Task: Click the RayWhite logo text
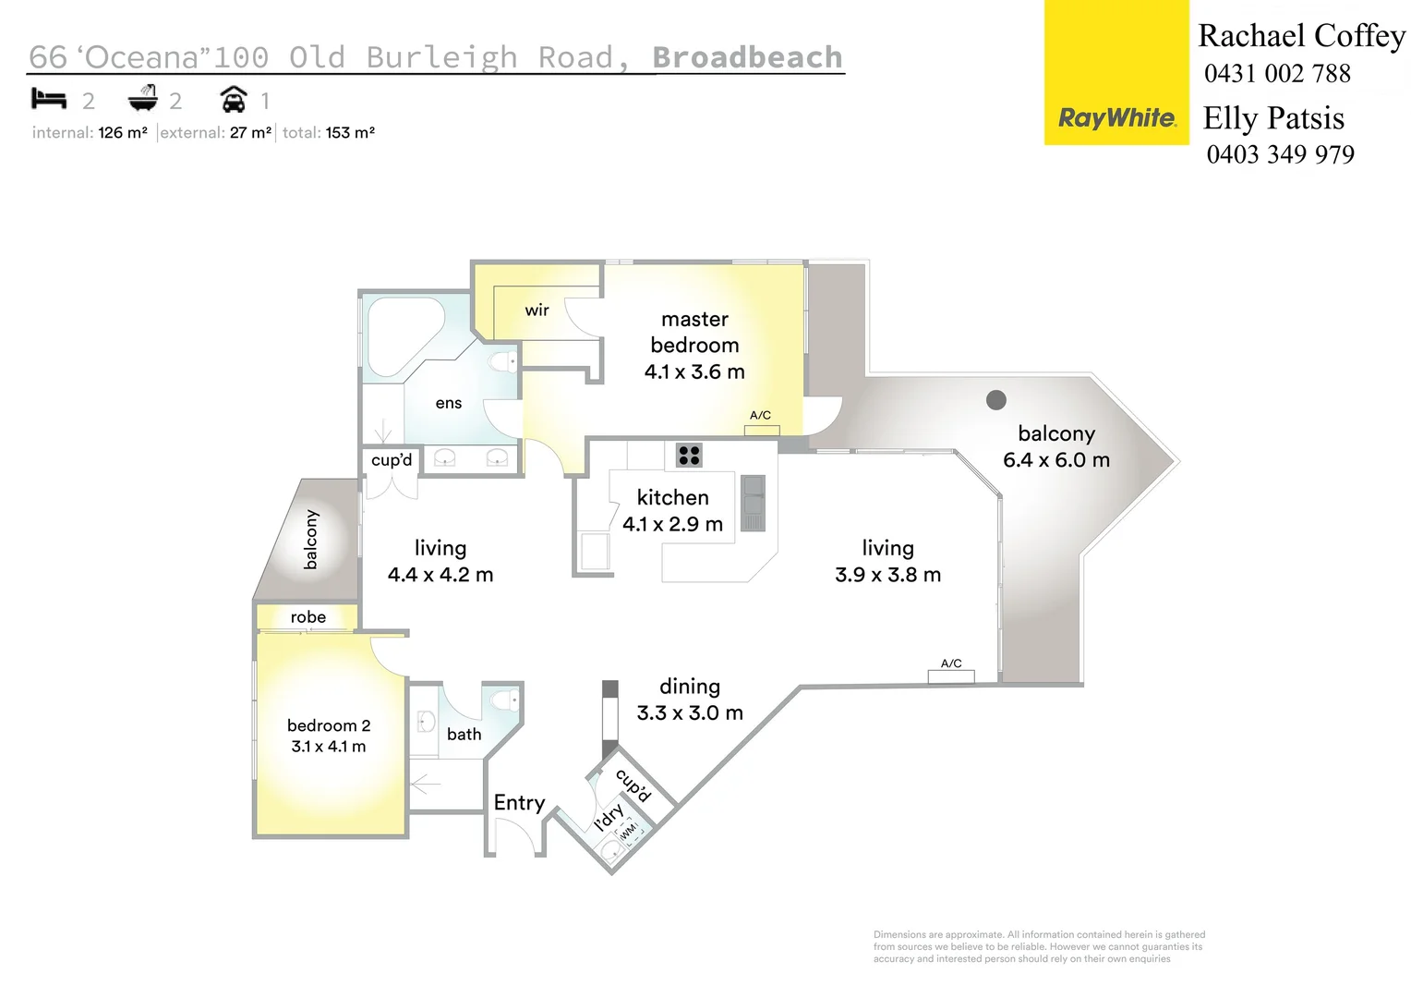click(1116, 118)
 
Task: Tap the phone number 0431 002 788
click(1277, 74)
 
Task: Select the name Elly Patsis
click(1272, 118)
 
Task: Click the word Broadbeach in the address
click(747, 57)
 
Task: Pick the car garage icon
click(234, 99)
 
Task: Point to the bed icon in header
click(49, 98)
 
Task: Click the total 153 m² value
click(350, 133)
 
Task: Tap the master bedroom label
click(694, 332)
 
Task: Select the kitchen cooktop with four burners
click(689, 455)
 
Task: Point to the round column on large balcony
click(995, 399)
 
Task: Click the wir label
click(537, 310)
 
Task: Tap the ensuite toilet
click(504, 361)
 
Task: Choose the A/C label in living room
click(951, 663)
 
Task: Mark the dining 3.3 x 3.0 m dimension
click(690, 712)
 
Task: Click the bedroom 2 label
click(328, 725)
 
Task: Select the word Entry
click(519, 802)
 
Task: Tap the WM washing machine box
click(630, 832)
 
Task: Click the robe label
click(308, 617)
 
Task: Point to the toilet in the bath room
click(505, 700)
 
